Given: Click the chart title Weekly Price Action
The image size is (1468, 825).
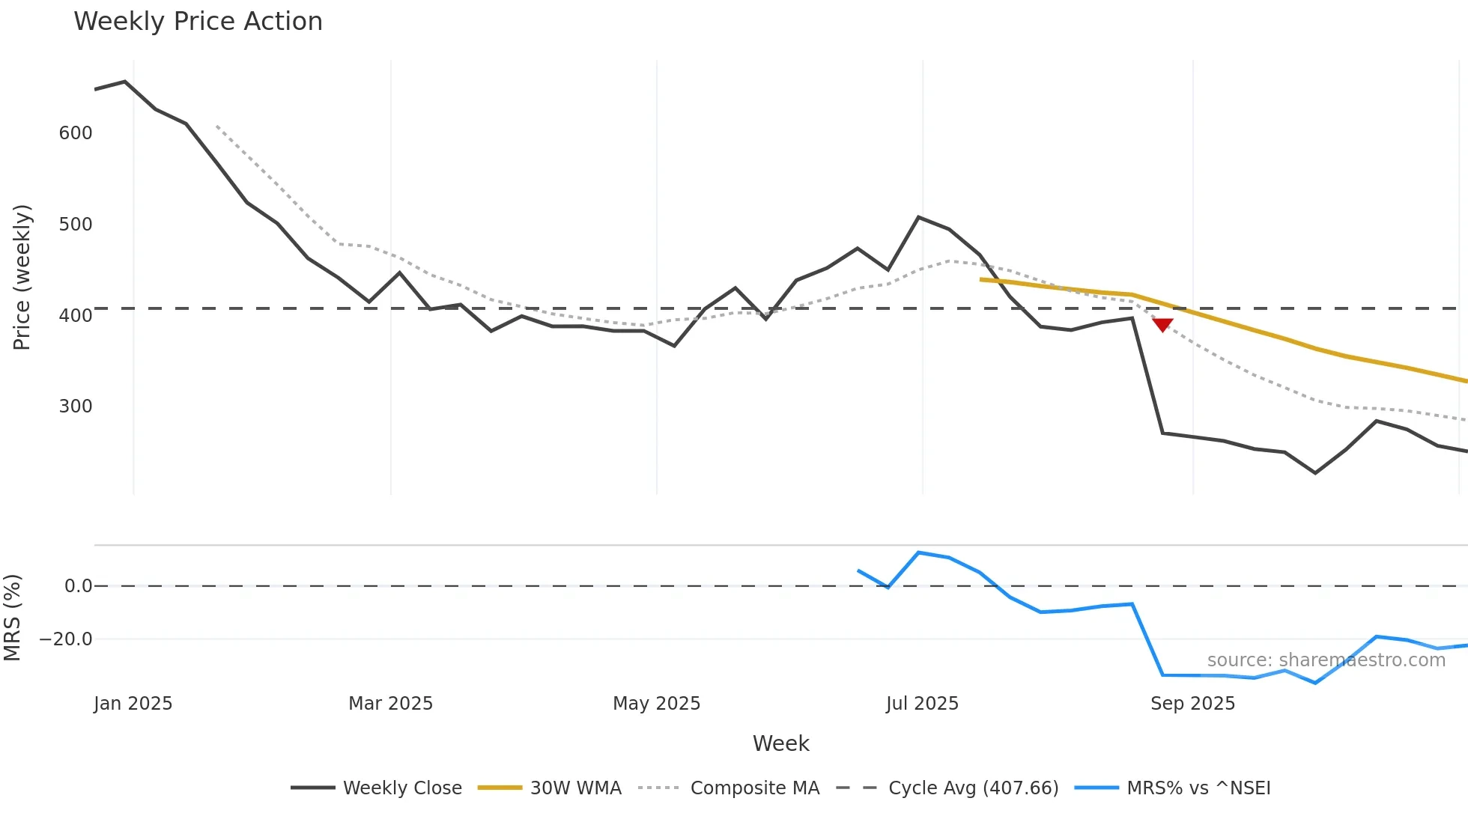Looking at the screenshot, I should pos(198,21).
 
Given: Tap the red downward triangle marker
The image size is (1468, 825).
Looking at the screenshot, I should pos(1162,324).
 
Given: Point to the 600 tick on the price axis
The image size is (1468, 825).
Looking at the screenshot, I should pos(76,133).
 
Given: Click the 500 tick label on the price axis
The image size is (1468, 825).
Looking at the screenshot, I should pos(76,224).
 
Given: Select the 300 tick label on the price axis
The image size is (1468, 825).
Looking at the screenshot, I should pos(76,406).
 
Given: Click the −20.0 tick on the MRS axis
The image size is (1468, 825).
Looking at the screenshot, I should pos(66,639).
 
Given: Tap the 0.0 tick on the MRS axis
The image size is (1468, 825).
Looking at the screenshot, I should pos(78,585).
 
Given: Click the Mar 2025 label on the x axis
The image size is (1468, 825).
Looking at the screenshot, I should pos(390,703).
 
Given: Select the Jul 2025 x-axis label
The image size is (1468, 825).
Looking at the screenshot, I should pos(922,703).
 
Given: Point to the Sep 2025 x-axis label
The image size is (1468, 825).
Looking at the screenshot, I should pos(1192,703).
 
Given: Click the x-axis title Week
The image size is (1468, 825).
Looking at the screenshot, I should pos(780,743).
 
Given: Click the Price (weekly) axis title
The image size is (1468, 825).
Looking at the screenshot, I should pos(22,277).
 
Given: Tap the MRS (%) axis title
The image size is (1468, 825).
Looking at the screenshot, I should pos(12,618).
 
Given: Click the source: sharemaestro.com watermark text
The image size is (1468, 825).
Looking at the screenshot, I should pos(1326,660).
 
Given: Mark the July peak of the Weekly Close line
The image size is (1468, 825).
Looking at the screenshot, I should pos(919,217).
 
